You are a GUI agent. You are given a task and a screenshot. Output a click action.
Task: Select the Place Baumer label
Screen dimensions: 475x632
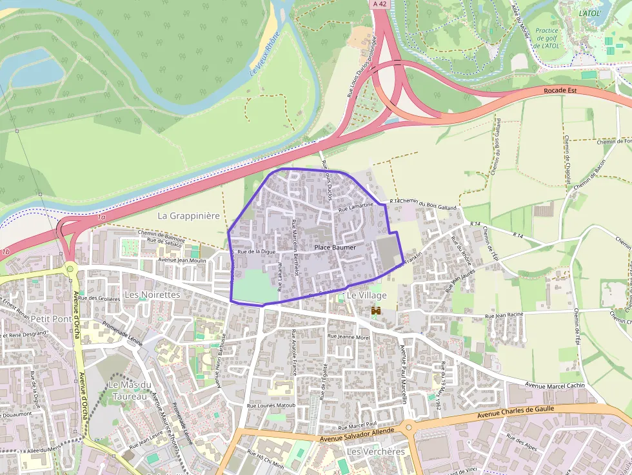coord(335,247)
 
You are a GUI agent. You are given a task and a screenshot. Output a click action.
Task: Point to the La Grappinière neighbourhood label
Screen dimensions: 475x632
coord(188,216)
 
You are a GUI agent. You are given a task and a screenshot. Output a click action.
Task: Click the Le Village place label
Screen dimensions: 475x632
coord(366,295)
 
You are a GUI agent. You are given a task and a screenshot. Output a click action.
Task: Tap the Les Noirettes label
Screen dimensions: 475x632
coord(152,295)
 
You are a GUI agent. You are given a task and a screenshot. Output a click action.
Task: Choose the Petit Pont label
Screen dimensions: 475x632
coord(52,318)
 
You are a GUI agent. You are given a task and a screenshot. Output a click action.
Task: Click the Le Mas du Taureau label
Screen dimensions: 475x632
coord(130,391)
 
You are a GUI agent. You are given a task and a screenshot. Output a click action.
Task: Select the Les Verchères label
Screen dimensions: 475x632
coord(375,451)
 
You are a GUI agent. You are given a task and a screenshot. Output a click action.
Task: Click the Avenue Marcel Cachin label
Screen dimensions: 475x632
coord(555,385)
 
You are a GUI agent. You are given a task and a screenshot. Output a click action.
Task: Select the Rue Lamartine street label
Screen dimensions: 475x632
coord(356,207)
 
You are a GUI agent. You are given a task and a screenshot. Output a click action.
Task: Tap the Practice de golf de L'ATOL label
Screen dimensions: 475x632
coord(546,38)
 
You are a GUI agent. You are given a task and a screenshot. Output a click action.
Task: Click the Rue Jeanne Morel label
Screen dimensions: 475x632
coord(349,336)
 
